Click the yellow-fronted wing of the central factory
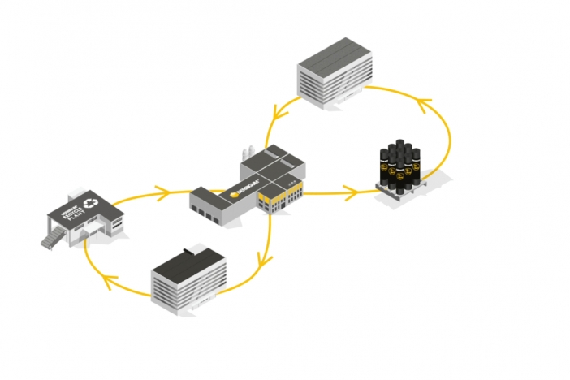pos(281,196)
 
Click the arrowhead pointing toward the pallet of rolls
pos(352,192)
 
